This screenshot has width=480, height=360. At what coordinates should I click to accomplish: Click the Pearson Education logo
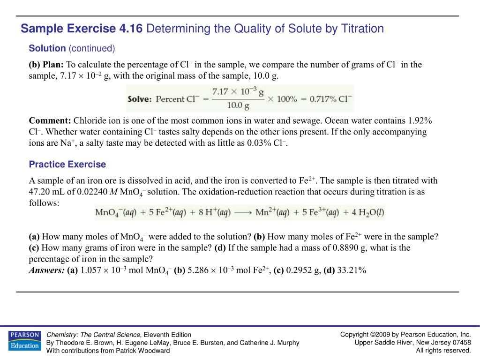click(24, 340)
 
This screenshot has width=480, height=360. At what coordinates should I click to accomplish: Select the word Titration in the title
click(361, 29)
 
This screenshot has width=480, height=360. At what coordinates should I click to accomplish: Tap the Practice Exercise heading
click(67, 165)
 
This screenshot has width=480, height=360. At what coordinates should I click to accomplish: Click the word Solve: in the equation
click(139, 99)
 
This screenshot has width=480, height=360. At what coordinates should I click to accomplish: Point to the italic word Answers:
click(47, 270)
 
